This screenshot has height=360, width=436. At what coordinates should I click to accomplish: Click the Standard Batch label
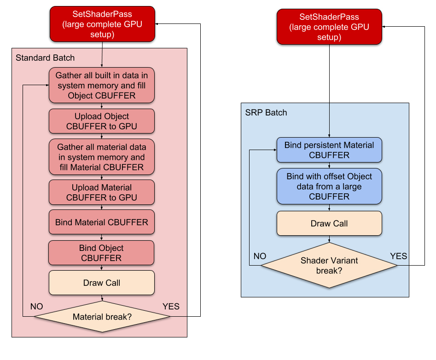pyautogui.click(x=45, y=58)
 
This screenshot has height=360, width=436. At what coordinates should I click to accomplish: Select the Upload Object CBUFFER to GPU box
pyautogui.click(x=101, y=121)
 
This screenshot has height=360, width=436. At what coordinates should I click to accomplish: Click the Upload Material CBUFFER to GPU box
pyautogui.click(x=101, y=192)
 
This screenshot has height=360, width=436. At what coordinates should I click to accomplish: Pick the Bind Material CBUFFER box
pyautogui.click(x=101, y=222)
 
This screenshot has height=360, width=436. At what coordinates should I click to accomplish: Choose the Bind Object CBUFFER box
pyautogui.click(x=101, y=253)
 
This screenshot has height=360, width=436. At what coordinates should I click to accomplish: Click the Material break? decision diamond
pyautogui.click(x=102, y=317)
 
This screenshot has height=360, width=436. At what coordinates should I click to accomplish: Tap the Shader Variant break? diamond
pyautogui.click(x=329, y=265)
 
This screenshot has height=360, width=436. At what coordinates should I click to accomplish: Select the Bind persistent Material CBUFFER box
pyautogui.click(x=329, y=150)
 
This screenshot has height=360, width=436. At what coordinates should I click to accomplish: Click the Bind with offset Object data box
pyautogui.click(x=329, y=186)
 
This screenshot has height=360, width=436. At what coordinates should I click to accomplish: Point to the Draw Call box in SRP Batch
pyautogui.click(x=329, y=223)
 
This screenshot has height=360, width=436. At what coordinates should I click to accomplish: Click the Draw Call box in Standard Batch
pyautogui.click(x=101, y=283)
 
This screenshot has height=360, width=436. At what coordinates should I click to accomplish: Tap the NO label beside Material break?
pyautogui.click(x=37, y=307)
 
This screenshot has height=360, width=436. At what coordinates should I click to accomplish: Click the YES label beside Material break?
pyautogui.click(x=171, y=307)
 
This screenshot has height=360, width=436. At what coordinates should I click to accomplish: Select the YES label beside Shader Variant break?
pyautogui.click(x=399, y=256)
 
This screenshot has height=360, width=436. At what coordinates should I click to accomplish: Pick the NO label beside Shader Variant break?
pyautogui.click(x=260, y=256)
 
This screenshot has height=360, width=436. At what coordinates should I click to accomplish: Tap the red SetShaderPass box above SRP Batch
pyautogui.click(x=329, y=27)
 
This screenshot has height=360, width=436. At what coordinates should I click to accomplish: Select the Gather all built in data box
pyautogui.click(x=101, y=85)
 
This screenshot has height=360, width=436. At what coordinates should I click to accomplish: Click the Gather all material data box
pyautogui.click(x=101, y=157)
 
